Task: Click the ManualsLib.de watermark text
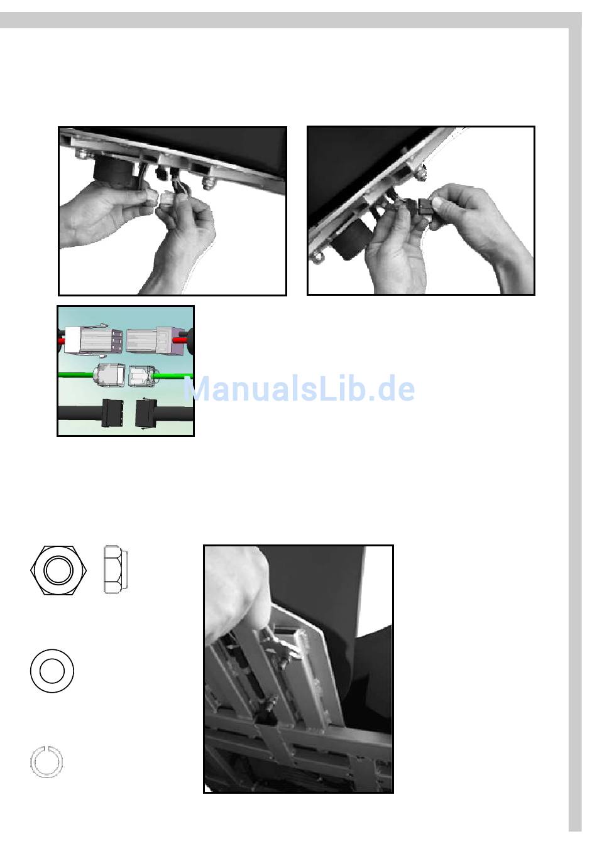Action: pyautogui.click(x=299, y=389)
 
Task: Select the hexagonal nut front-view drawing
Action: pyautogui.click(x=58, y=570)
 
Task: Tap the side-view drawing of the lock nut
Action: pyautogui.click(x=116, y=570)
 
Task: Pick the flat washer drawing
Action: pyautogui.click(x=52, y=671)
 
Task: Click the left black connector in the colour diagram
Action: pyautogui.click(x=112, y=413)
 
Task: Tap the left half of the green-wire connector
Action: pyautogui.click(x=109, y=375)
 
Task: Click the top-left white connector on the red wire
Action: pyautogui.click(x=93, y=340)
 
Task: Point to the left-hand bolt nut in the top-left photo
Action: pyautogui.click(x=82, y=154)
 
